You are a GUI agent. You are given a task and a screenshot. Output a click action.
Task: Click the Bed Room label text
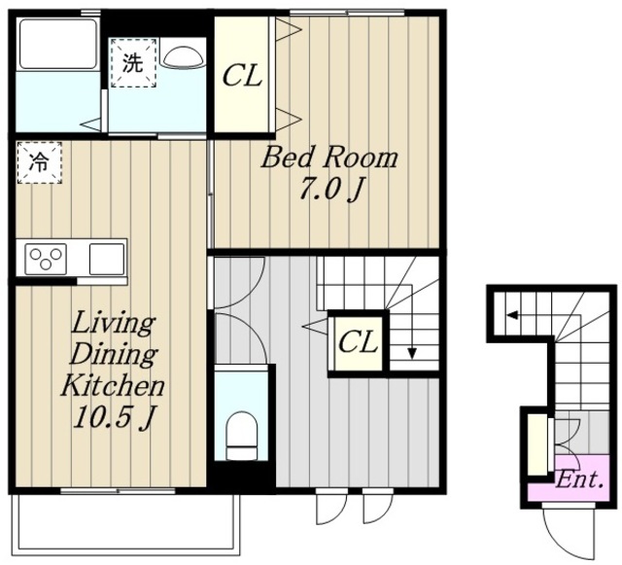pos(329,158)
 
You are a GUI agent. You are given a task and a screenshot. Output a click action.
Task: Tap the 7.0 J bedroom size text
pos(330,190)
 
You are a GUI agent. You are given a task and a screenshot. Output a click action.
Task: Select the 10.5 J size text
pos(113,417)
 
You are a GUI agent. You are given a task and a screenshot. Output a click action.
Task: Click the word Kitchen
pos(113,384)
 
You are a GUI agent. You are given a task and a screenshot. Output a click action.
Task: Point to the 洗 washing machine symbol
pos(133,63)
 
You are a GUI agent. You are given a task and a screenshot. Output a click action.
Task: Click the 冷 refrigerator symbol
pos(39,162)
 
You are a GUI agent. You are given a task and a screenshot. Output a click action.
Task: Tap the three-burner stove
pos(46,259)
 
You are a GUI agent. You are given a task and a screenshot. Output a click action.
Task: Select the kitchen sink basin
pos(107,259)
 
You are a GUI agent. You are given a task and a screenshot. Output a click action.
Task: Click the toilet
pos(241,436)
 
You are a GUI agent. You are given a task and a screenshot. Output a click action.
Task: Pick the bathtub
pos(58,45)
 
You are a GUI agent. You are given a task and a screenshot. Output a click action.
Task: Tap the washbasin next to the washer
pos(183,56)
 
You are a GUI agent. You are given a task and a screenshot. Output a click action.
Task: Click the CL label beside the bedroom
pos(242,76)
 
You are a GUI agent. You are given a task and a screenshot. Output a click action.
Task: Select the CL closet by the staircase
pos(359,342)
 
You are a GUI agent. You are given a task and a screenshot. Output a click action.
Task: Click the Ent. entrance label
pos(580,480)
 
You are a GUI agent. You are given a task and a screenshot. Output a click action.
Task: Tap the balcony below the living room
pos(126,524)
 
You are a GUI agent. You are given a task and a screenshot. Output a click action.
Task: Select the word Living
pos(113,323)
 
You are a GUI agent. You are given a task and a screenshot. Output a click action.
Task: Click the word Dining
pos(114,354)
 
